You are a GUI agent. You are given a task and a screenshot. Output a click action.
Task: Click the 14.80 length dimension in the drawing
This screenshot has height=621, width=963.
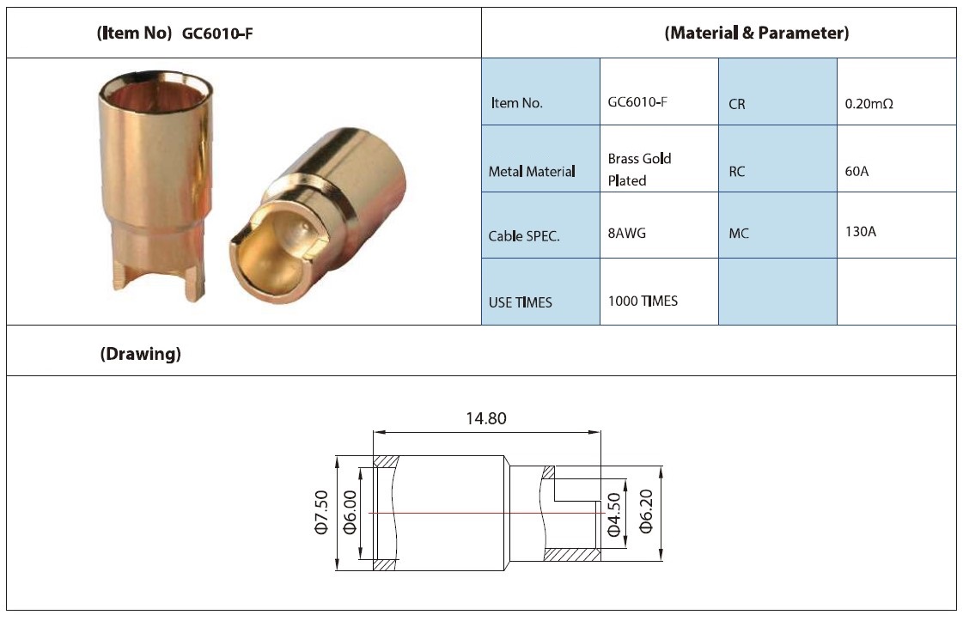[x=486, y=418]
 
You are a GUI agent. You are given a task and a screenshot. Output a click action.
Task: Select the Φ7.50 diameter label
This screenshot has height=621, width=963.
[x=322, y=512]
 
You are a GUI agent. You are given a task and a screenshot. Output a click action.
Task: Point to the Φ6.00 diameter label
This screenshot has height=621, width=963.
[x=350, y=512]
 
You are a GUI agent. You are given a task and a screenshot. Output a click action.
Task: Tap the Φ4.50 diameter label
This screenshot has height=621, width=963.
[x=614, y=514]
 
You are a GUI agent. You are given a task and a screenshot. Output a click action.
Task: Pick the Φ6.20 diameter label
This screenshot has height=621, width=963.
[x=646, y=512]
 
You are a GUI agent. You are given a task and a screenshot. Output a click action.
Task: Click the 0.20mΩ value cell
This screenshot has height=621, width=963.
[x=869, y=104]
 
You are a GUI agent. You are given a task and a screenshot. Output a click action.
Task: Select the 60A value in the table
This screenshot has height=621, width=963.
[x=856, y=171]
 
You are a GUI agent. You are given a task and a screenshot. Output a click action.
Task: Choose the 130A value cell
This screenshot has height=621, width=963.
[x=861, y=232]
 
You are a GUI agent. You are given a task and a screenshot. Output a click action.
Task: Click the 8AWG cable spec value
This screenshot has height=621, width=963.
[x=626, y=233]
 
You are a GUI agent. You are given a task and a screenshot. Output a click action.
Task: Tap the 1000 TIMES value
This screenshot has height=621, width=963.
[x=643, y=301]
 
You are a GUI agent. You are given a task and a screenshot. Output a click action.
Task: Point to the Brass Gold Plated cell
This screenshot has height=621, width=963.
[x=639, y=169]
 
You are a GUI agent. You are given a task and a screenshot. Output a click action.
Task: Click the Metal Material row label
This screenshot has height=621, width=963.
[x=532, y=172]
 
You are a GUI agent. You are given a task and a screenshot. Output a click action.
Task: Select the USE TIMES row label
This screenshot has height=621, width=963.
[x=521, y=302]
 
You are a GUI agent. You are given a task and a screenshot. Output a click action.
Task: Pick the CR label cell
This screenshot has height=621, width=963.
[x=736, y=105]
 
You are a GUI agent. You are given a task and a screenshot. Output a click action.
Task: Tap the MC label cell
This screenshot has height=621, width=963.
[x=739, y=234]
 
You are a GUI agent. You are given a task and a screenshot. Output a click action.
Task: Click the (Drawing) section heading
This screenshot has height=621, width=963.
[x=141, y=354]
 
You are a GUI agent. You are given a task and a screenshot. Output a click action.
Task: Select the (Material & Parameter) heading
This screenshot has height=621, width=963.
[x=757, y=33]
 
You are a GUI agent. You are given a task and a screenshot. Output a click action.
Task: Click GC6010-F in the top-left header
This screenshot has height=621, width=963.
[x=217, y=33]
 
